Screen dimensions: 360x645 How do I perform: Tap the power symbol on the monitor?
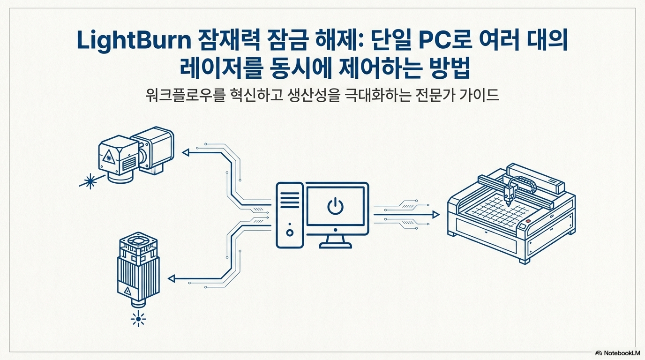pos(336,206)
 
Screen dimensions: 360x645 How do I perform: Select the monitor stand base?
pos(336,245)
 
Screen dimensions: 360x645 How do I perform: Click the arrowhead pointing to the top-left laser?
pos(186,152)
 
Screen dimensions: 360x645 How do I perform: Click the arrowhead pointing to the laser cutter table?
pos(435,215)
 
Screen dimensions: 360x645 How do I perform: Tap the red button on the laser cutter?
pos(528,221)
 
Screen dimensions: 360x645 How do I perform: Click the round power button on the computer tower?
pos(290,232)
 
